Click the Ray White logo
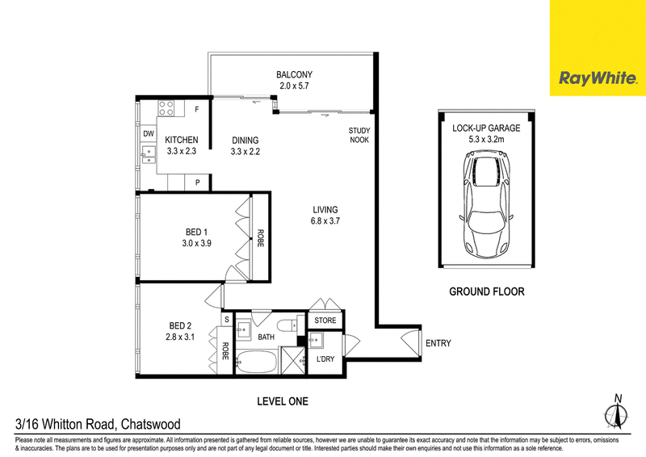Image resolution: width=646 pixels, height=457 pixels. (x=598, y=78)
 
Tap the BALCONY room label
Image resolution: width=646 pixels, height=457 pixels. (x=294, y=74)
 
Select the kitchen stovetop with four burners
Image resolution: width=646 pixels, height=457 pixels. (x=166, y=108)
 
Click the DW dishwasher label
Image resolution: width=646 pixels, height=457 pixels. (x=149, y=133)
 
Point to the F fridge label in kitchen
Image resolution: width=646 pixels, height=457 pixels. (x=197, y=110)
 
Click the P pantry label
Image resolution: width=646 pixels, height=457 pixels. (x=197, y=182)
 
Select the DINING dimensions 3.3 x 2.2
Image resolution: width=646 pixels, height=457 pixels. (x=245, y=152)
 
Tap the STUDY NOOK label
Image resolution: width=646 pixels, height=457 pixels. (x=359, y=135)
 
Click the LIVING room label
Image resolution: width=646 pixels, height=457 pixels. (x=325, y=210)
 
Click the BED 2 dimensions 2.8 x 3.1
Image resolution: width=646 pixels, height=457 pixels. (x=180, y=337)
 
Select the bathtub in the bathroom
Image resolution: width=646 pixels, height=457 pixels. (x=258, y=363)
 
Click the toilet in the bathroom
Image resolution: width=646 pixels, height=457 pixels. (x=287, y=325)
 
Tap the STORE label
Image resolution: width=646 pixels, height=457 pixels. (x=325, y=321)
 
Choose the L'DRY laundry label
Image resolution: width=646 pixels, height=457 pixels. (x=325, y=359)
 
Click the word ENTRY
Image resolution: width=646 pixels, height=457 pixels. (x=438, y=343)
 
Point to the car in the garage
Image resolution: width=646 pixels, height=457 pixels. (x=487, y=204)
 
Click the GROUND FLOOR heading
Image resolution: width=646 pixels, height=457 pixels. (x=487, y=291)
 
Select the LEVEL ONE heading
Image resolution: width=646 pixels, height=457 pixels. (x=283, y=401)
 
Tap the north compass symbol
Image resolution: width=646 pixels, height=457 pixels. (x=617, y=413)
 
